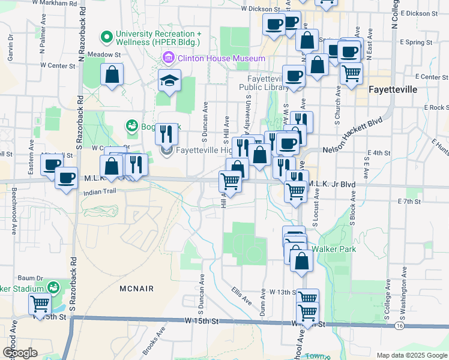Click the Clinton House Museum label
point(220,58)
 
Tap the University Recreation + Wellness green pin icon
point(107,38)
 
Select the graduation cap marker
point(170,80)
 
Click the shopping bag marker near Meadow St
point(112,75)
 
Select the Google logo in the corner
point(20,353)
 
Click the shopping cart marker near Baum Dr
point(40,304)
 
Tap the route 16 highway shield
point(399,325)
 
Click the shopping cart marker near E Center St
point(351,73)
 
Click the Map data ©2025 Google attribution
point(411,355)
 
